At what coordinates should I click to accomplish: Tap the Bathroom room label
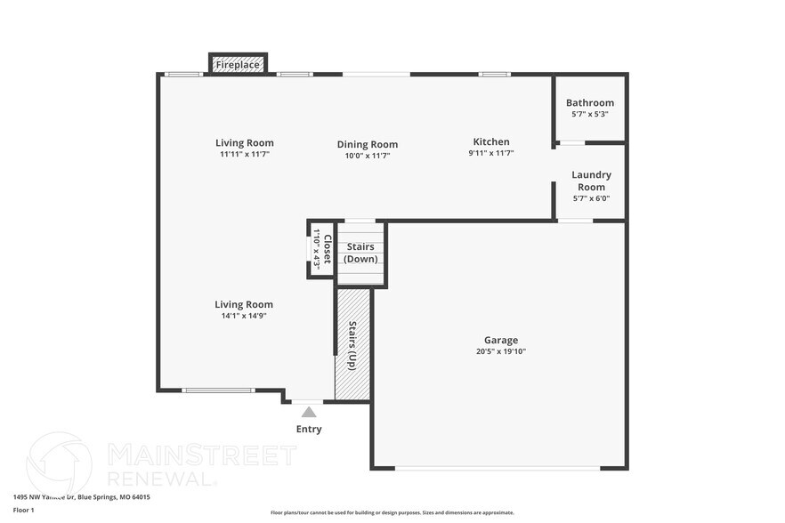point(590,103)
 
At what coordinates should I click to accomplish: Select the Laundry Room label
point(591,181)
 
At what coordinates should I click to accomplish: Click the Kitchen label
point(491,141)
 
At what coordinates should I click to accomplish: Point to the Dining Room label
point(367,144)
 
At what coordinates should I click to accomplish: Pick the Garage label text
point(501,340)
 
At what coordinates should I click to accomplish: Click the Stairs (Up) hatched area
point(352,345)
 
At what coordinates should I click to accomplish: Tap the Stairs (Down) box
point(360,253)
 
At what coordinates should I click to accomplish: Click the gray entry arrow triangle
point(309,412)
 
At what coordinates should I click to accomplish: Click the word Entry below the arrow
point(309,430)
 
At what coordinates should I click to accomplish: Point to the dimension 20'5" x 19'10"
point(501,351)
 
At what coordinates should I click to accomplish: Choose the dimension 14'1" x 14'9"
point(244,316)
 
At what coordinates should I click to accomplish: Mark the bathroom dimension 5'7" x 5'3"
point(590,114)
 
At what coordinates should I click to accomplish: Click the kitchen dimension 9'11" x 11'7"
point(491,153)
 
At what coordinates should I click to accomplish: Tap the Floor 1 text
point(23,510)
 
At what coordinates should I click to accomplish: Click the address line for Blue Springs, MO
point(81,497)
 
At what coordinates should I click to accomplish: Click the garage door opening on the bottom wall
point(498,468)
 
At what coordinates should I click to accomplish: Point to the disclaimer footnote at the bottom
point(392,512)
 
